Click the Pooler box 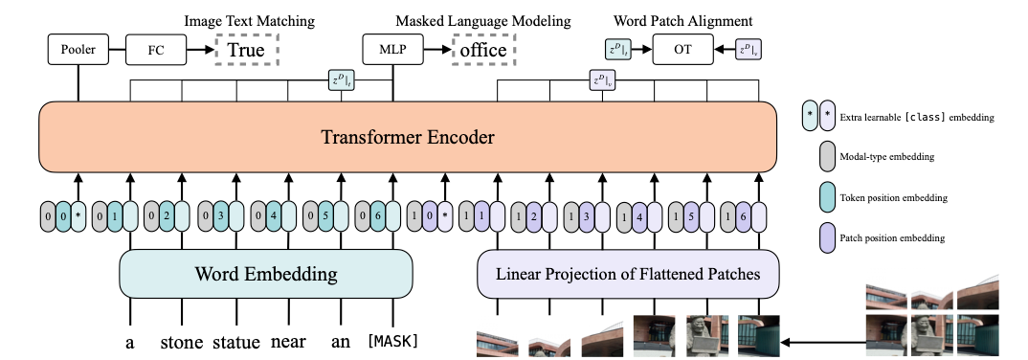(x=78, y=50)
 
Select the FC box (x=155, y=50)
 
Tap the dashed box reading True (x=247, y=50)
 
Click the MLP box (x=392, y=50)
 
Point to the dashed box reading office (x=483, y=50)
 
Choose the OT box (x=682, y=50)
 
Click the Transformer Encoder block (x=407, y=137)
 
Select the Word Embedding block (x=265, y=274)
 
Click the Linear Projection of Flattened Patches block (x=628, y=274)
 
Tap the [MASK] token (x=392, y=341)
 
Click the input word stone (x=182, y=343)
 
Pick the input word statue (x=236, y=343)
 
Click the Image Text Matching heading (x=249, y=21)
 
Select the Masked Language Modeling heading (x=483, y=21)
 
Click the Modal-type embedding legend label (x=878, y=157)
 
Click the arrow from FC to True (x=200, y=50)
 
